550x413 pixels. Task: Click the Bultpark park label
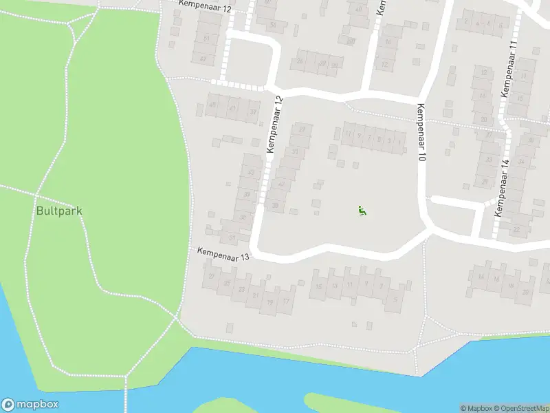(58, 211)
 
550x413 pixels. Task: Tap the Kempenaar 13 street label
(222, 254)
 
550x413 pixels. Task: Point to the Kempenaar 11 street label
(511, 69)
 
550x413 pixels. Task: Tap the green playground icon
(362, 211)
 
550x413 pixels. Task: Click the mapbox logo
(30, 405)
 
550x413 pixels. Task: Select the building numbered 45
(212, 105)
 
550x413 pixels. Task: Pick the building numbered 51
(206, 38)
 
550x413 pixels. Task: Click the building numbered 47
(203, 59)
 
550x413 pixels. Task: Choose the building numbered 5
(395, 299)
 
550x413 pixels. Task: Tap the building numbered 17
(286, 301)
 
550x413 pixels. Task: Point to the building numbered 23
(241, 289)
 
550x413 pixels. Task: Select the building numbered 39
(246, 195)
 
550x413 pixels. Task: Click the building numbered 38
(275, 205)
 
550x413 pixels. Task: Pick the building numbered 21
(256, 295)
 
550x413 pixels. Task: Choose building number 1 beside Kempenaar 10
(399, 142)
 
